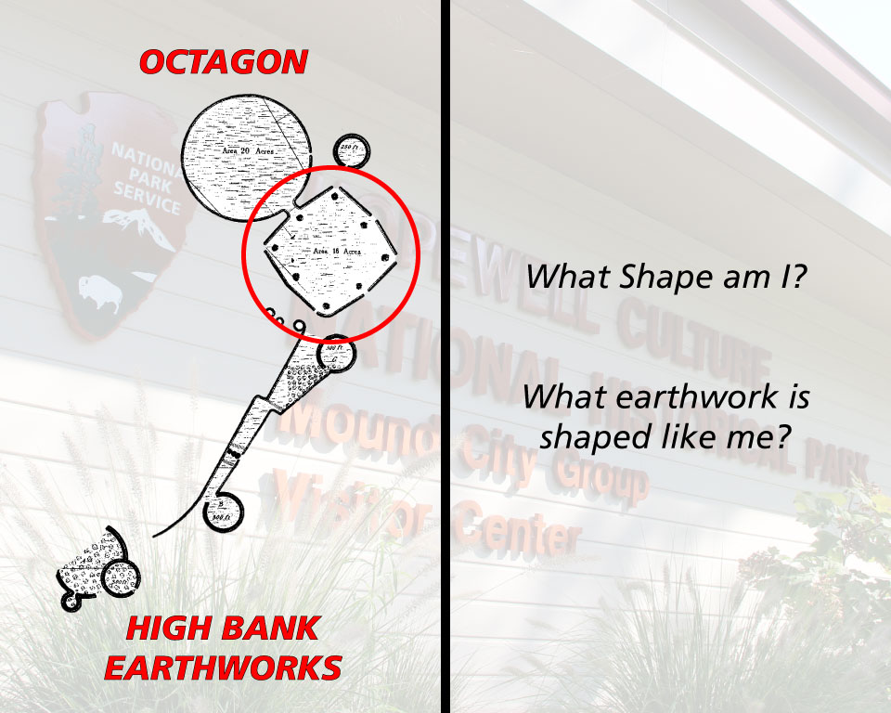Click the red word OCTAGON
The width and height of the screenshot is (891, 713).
coord(223,62)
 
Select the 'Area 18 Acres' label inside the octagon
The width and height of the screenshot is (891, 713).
coord(337,252)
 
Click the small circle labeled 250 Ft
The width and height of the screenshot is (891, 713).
coord(352,149)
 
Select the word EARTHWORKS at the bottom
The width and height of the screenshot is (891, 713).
coord(223,668)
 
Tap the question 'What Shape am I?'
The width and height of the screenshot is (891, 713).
coord(665,277)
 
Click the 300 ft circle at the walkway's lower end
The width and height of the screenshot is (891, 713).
coord(223,508)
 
